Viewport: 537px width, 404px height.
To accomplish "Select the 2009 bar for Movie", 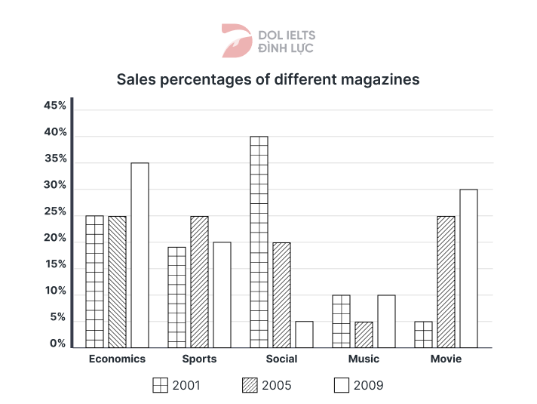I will [x=468, y=268].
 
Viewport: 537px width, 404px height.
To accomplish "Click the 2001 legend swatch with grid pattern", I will [x=161, y=385].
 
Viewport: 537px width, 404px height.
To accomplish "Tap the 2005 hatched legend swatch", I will [x=250, y=385].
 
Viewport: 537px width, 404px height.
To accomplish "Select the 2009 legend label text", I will [x=367, y=385].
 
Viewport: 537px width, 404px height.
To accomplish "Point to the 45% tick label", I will [x=56, y=106].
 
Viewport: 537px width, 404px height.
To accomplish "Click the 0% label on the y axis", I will [x=59, y=344].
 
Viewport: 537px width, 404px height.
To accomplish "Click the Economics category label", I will [x=117, y=359].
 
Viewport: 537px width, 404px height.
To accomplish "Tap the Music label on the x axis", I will [x=364, y=359].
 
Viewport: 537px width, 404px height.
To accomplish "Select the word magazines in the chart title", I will [x=379, y=79].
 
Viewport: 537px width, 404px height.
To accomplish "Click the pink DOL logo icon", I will [x=235, y=41].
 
